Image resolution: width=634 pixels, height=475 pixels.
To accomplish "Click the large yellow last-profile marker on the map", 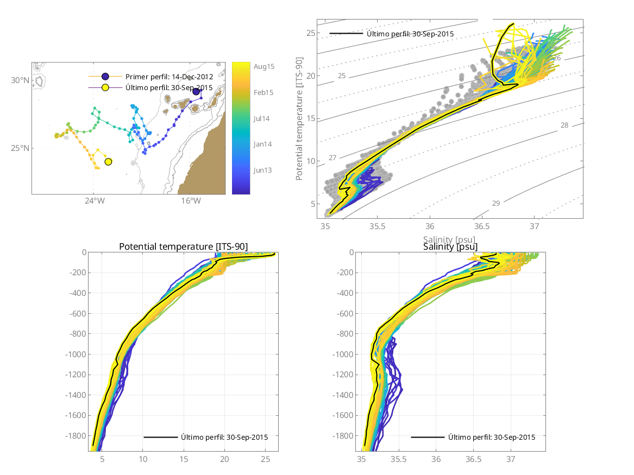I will point(108,162).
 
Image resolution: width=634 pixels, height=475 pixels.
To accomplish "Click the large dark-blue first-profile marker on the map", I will point(196,91).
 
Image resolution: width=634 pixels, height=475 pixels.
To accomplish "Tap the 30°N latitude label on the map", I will point(21,80).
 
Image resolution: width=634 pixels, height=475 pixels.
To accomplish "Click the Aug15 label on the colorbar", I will point(263,66).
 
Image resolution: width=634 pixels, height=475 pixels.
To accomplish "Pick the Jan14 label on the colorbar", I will point(263,144).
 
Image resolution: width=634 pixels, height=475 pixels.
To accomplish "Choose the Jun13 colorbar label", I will point(263,170).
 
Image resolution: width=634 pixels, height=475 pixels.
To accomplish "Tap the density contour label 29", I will point(496,203).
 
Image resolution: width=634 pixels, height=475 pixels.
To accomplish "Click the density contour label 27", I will point(332,157).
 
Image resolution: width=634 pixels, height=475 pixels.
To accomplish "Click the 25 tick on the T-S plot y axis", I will point(310,33).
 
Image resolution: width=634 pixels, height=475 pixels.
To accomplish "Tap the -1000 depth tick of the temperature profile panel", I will point(77,354).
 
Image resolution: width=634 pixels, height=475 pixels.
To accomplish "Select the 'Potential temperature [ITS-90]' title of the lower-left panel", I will point(183,247).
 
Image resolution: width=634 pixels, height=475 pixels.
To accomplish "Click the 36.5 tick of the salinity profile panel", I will point(473,459).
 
